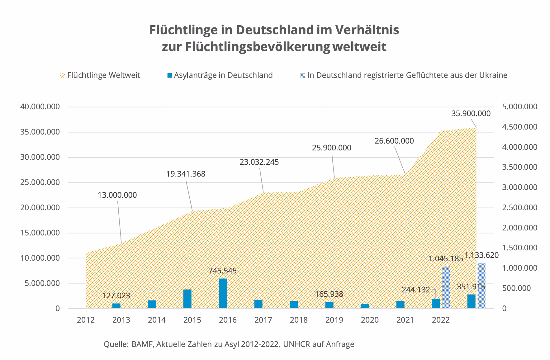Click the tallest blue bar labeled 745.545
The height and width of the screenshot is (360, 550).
click(223, 293)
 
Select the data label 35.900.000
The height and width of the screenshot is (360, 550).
click(471, 114)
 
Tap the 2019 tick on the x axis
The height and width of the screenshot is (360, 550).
click(334, 320)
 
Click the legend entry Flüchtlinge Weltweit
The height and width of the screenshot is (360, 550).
click(103, 75)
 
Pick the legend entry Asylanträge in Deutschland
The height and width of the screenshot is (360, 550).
click(223, 75)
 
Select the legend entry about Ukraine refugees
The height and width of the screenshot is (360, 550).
click(407, 75)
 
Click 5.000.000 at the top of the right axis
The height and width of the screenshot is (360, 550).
click(520, 107)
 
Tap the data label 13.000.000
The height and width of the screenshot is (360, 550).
click(117, 195)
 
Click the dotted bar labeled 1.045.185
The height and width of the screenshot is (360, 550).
click(446, 287)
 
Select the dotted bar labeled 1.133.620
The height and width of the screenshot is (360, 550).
click(481, 286)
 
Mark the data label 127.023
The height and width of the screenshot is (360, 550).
click(116, 296)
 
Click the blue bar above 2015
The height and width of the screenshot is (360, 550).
click(187, 299)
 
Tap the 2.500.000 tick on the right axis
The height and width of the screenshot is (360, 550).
click(520, 208)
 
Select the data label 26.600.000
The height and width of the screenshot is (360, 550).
click(394, 141)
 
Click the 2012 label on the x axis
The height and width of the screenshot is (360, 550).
click(86, 320)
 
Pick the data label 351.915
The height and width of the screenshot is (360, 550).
click(471, 287)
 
